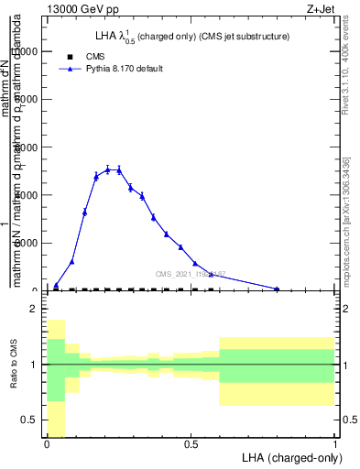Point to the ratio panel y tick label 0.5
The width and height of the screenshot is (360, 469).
[28, 420]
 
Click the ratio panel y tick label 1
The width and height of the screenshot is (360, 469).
[33, 365]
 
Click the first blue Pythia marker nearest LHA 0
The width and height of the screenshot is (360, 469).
[56, 285]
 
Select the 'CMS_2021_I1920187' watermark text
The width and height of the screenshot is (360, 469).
[190, 274]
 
